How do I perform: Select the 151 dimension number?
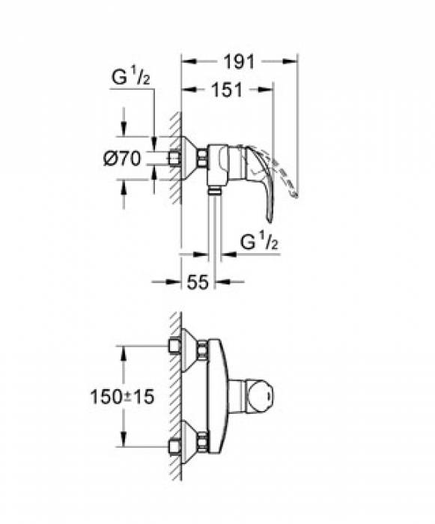227,90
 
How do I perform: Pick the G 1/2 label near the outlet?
259,243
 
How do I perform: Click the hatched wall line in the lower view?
175,397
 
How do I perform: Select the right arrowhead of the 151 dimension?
269,90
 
